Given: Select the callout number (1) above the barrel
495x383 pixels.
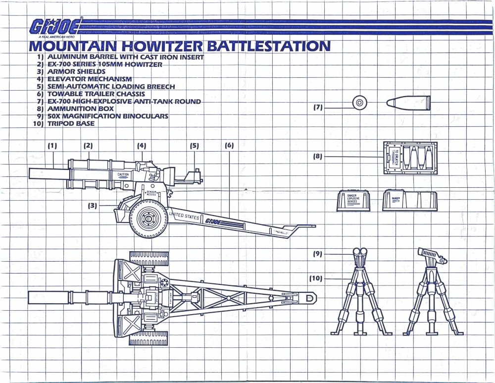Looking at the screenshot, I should (52, 146).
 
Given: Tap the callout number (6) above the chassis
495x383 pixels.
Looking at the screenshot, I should (229, 146).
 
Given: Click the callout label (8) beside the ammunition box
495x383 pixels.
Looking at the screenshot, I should (318, 156).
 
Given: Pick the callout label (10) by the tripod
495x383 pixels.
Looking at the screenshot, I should (316, 278).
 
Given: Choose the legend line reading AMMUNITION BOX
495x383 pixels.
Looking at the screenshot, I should (80, 109).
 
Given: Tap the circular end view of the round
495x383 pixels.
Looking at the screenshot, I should (359, 103).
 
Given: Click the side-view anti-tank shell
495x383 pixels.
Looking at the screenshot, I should (408, 103).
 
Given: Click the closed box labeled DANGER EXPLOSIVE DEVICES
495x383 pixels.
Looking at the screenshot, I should (353, 201).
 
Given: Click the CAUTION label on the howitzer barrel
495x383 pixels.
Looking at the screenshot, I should (123, 175).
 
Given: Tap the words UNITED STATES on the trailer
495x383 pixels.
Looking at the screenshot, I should (184, 216).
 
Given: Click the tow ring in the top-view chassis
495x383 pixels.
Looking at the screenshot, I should (310, 297).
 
